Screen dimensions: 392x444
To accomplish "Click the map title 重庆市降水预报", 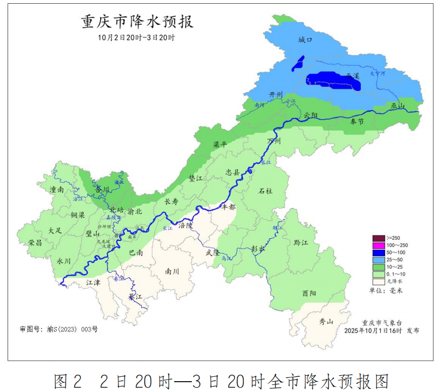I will tap(137, 22).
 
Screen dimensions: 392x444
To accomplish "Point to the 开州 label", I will tap(276, 95).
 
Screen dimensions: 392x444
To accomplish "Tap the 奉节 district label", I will tap(357, 122).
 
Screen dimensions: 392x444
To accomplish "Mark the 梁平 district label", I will tap(220, 146).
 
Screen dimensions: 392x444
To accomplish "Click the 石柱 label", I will tap(265, 191).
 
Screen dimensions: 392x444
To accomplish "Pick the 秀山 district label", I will tap(326, 322).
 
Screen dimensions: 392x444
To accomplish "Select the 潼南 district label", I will tap(57, 190).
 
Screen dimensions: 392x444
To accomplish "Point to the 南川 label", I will tap(172, 271).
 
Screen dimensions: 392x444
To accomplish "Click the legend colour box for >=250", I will tap(378, 238).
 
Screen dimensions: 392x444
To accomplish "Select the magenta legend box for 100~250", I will tap(378, 245).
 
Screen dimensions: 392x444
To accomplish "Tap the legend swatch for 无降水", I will tap(378, 281).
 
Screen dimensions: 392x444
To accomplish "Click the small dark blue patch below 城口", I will tap(297, 64).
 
